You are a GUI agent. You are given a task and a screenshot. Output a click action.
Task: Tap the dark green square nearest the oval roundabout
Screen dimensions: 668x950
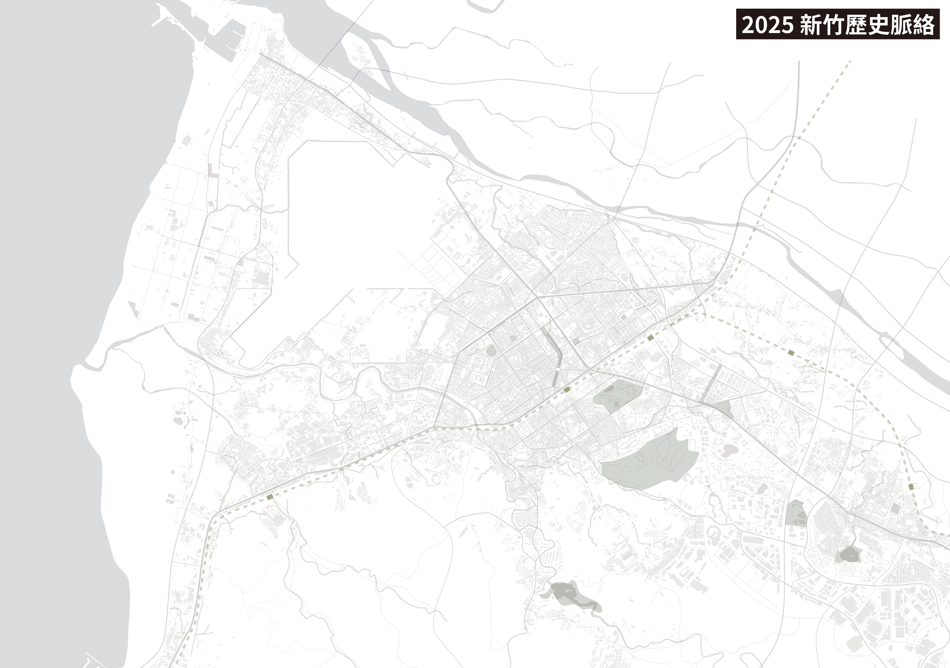tap(567, 389)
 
